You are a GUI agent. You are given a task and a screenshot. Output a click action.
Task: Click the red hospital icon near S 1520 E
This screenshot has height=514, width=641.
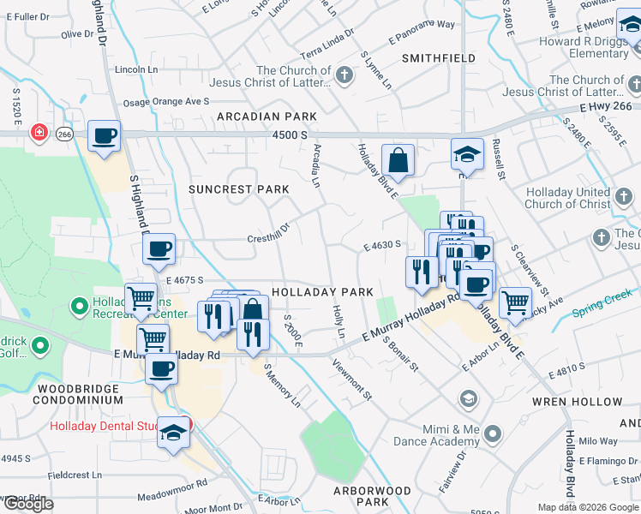39,133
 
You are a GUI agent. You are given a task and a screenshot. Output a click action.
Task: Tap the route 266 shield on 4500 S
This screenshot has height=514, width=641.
64,134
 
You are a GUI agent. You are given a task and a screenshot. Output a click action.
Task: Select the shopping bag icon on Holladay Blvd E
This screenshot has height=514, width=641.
398,159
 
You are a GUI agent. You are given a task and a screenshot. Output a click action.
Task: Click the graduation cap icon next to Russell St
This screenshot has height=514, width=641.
467,154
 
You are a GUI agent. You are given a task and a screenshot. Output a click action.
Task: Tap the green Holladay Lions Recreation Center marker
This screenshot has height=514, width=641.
80,305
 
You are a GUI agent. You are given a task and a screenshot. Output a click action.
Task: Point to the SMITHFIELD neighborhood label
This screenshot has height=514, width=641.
439,58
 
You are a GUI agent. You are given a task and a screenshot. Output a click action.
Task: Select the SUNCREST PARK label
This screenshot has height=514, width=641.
239,188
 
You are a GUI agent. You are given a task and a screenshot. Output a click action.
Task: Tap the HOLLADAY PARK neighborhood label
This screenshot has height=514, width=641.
322,292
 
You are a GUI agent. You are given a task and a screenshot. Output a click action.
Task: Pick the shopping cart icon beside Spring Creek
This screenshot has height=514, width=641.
514,302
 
